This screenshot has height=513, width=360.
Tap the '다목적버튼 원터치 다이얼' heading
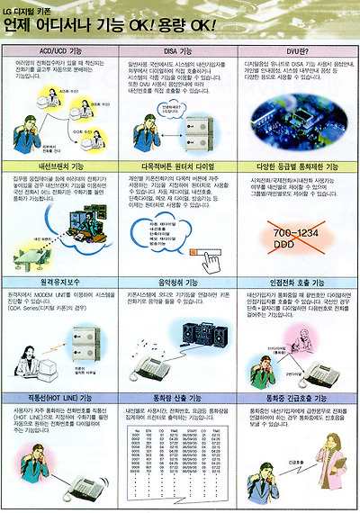tap(179, 167)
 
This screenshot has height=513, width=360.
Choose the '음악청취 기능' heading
tap(179, 281)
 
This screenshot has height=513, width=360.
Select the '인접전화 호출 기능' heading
tap(297, 281)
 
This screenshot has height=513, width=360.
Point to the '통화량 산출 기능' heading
tap(179, 395)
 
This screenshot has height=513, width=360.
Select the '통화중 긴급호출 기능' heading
tap(297, 395)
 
